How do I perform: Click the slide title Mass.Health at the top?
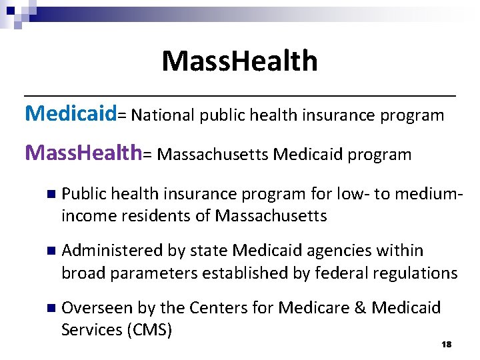tap(239, 61)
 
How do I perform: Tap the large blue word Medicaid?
tap(71, 114)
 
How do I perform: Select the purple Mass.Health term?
tap(83, 153)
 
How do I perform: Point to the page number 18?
tap(447, 344)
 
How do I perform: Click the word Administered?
tap(112, 251)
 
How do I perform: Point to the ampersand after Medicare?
tap(361, 307)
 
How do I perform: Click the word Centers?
tap(219, 307)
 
